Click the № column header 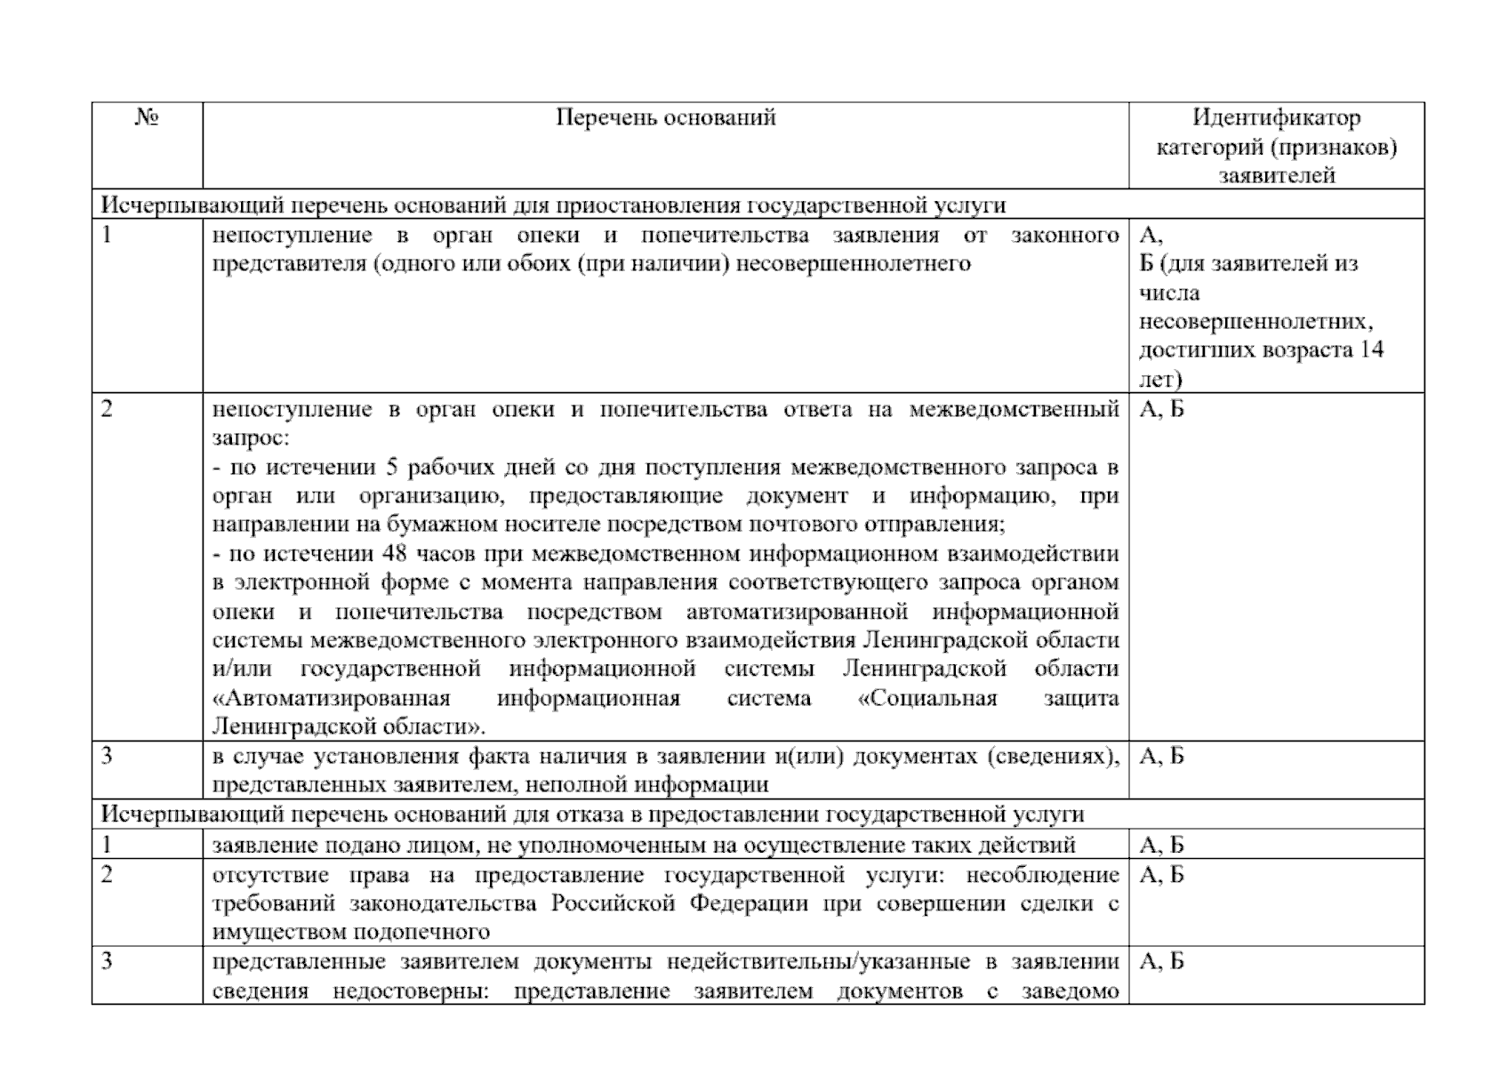[x=147, y=118]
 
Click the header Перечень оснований [x=665, y=117]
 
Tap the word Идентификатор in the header [x=1276, y=117]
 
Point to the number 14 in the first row [x=1371, y=349]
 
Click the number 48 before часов [x=394, y=554]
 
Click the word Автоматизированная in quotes [x=332, y=698]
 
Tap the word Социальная [x=927, y=698]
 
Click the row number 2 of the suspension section [x=108, y=410]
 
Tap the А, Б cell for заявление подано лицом [x=1161, y=845]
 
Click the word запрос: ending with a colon [x=251, y=438]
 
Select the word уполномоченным [x=612, y=845]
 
